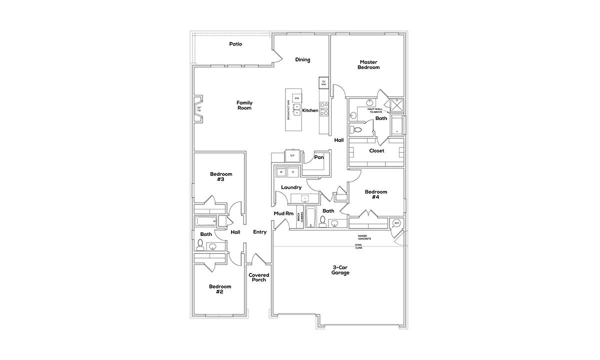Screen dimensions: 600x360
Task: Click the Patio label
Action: point(235,44)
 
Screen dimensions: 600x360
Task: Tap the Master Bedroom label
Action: point(368,65)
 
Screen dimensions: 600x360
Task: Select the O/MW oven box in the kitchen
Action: point(323,82)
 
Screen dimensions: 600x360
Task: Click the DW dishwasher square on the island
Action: point(297,98)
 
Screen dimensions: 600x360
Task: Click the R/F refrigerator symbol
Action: point(292,155)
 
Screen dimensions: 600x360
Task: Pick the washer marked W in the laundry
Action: point(281,172)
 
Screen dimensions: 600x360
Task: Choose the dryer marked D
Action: point(292,172)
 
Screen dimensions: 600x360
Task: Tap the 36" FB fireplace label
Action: point(199,109)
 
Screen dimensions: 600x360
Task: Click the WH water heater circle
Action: point(396,223)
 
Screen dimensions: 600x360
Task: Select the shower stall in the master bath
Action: point(397,104)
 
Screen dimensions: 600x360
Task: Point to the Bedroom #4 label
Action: point(375,194)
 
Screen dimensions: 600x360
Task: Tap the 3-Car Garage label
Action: point(340,270)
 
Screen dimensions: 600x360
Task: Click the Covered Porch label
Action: point(259,277)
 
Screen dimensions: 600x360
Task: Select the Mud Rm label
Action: point(283,213)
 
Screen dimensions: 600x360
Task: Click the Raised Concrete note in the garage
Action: point(364,237)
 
